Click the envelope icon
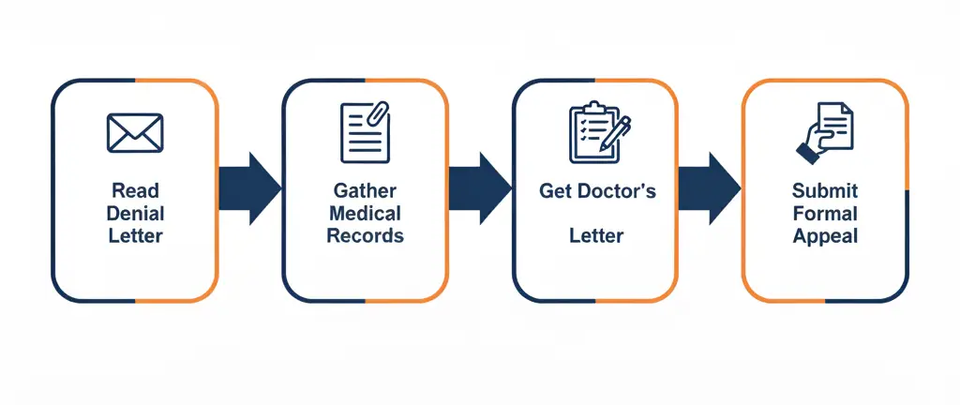[x=135, y=132]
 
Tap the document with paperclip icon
[x=365, y=132]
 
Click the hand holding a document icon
[x=825, y=132]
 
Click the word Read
[x=135, y=190]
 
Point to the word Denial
[x=135, y=213]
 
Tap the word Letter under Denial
[x=135, y=235]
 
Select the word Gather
[x=365, y=190]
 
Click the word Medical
[x=365, y=213]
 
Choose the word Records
[x=365, y=235]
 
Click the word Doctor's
[x=618, y=191]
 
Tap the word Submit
[x=825, y=190]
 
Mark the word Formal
[x=825, y=213]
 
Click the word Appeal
[x=825, y=235]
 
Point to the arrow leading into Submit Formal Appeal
[x=710, y=188]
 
